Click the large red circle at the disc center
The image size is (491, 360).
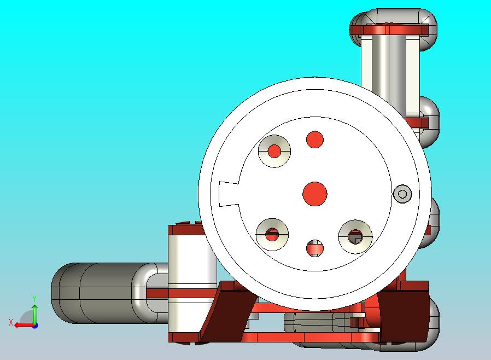(315, 194)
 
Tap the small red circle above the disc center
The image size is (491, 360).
(315, 140)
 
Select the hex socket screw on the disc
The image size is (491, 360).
(402, 194)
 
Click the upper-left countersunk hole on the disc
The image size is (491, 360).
(274, 151)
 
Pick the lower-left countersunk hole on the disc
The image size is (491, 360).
(272, 235)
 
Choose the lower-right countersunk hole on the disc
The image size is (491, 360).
(355, 237)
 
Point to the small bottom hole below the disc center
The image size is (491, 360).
(315, 248)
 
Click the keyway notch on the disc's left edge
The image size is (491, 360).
(229, 194)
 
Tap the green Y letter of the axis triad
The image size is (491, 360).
(34, 298)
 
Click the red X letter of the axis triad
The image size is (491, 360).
(11, 322)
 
